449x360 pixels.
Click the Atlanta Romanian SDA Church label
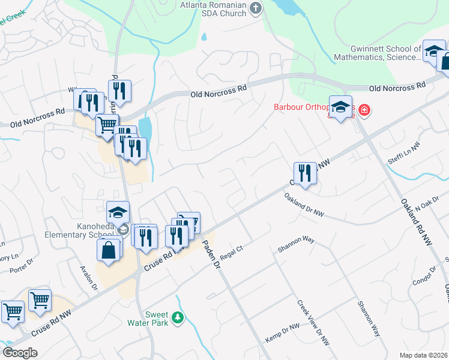213,9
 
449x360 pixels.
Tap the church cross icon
256,8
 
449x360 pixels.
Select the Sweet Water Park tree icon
177,317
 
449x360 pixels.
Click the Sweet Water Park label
160,319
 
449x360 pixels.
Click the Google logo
20,353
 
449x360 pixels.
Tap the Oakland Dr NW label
304,205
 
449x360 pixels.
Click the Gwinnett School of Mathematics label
387,53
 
